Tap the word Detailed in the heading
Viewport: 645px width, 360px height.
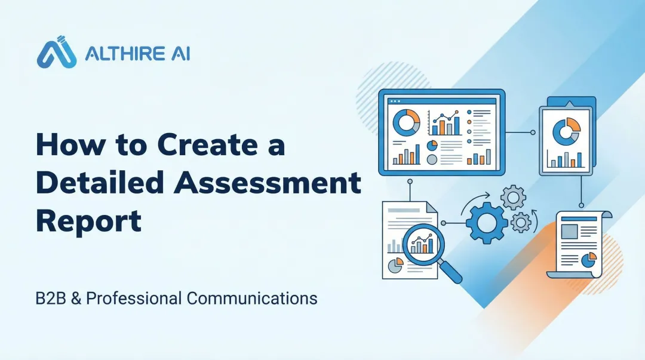[x=98, y=183]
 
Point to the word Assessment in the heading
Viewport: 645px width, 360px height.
[x=268, y=183]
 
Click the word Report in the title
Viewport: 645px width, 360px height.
[x=88, y=220]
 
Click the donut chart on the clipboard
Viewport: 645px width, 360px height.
[x=566, y=131]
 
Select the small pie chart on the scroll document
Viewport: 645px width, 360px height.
[x=589, y=260]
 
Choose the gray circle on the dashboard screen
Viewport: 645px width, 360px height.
[x=432, y=159]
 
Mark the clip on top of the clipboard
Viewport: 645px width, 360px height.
[x=567, y=104]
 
